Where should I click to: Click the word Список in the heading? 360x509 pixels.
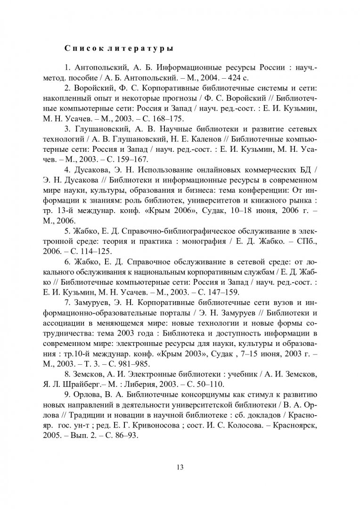79,48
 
